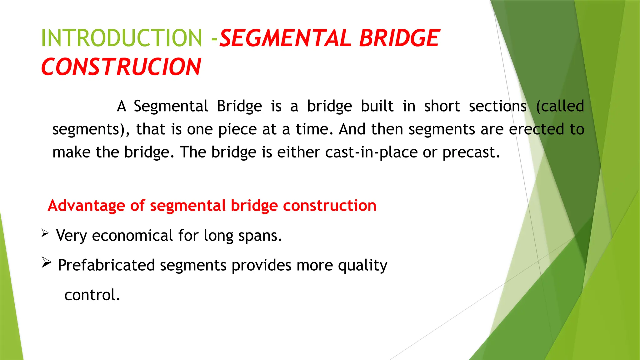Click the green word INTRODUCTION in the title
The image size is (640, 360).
pyautogui.click(x=122, y=38)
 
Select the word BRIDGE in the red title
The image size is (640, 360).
pyautogui.click(x=399, y=38)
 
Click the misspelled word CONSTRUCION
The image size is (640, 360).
pyautogui.click(x=121, y=67)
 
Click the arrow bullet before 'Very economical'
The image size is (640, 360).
pyautogui.click(x=45, y=233)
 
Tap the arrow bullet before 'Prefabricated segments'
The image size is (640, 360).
pyautogui.click(x=46, y=262)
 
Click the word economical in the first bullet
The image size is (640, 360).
pyautogui.click(x=132, y=236)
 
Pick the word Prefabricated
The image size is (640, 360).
pyautogui.click(x=106, y=265)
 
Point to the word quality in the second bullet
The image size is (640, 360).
pyautogui.click(x=362, y=265)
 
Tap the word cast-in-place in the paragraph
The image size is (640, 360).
pyautogui.click(x=371, y=152)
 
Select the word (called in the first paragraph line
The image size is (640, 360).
pyautogui.click(x=560, y=106)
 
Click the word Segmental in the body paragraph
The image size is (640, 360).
pyautogui.click(x=171, y=106)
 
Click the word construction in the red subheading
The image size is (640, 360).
pyautogui.click(x=329, y=206)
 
